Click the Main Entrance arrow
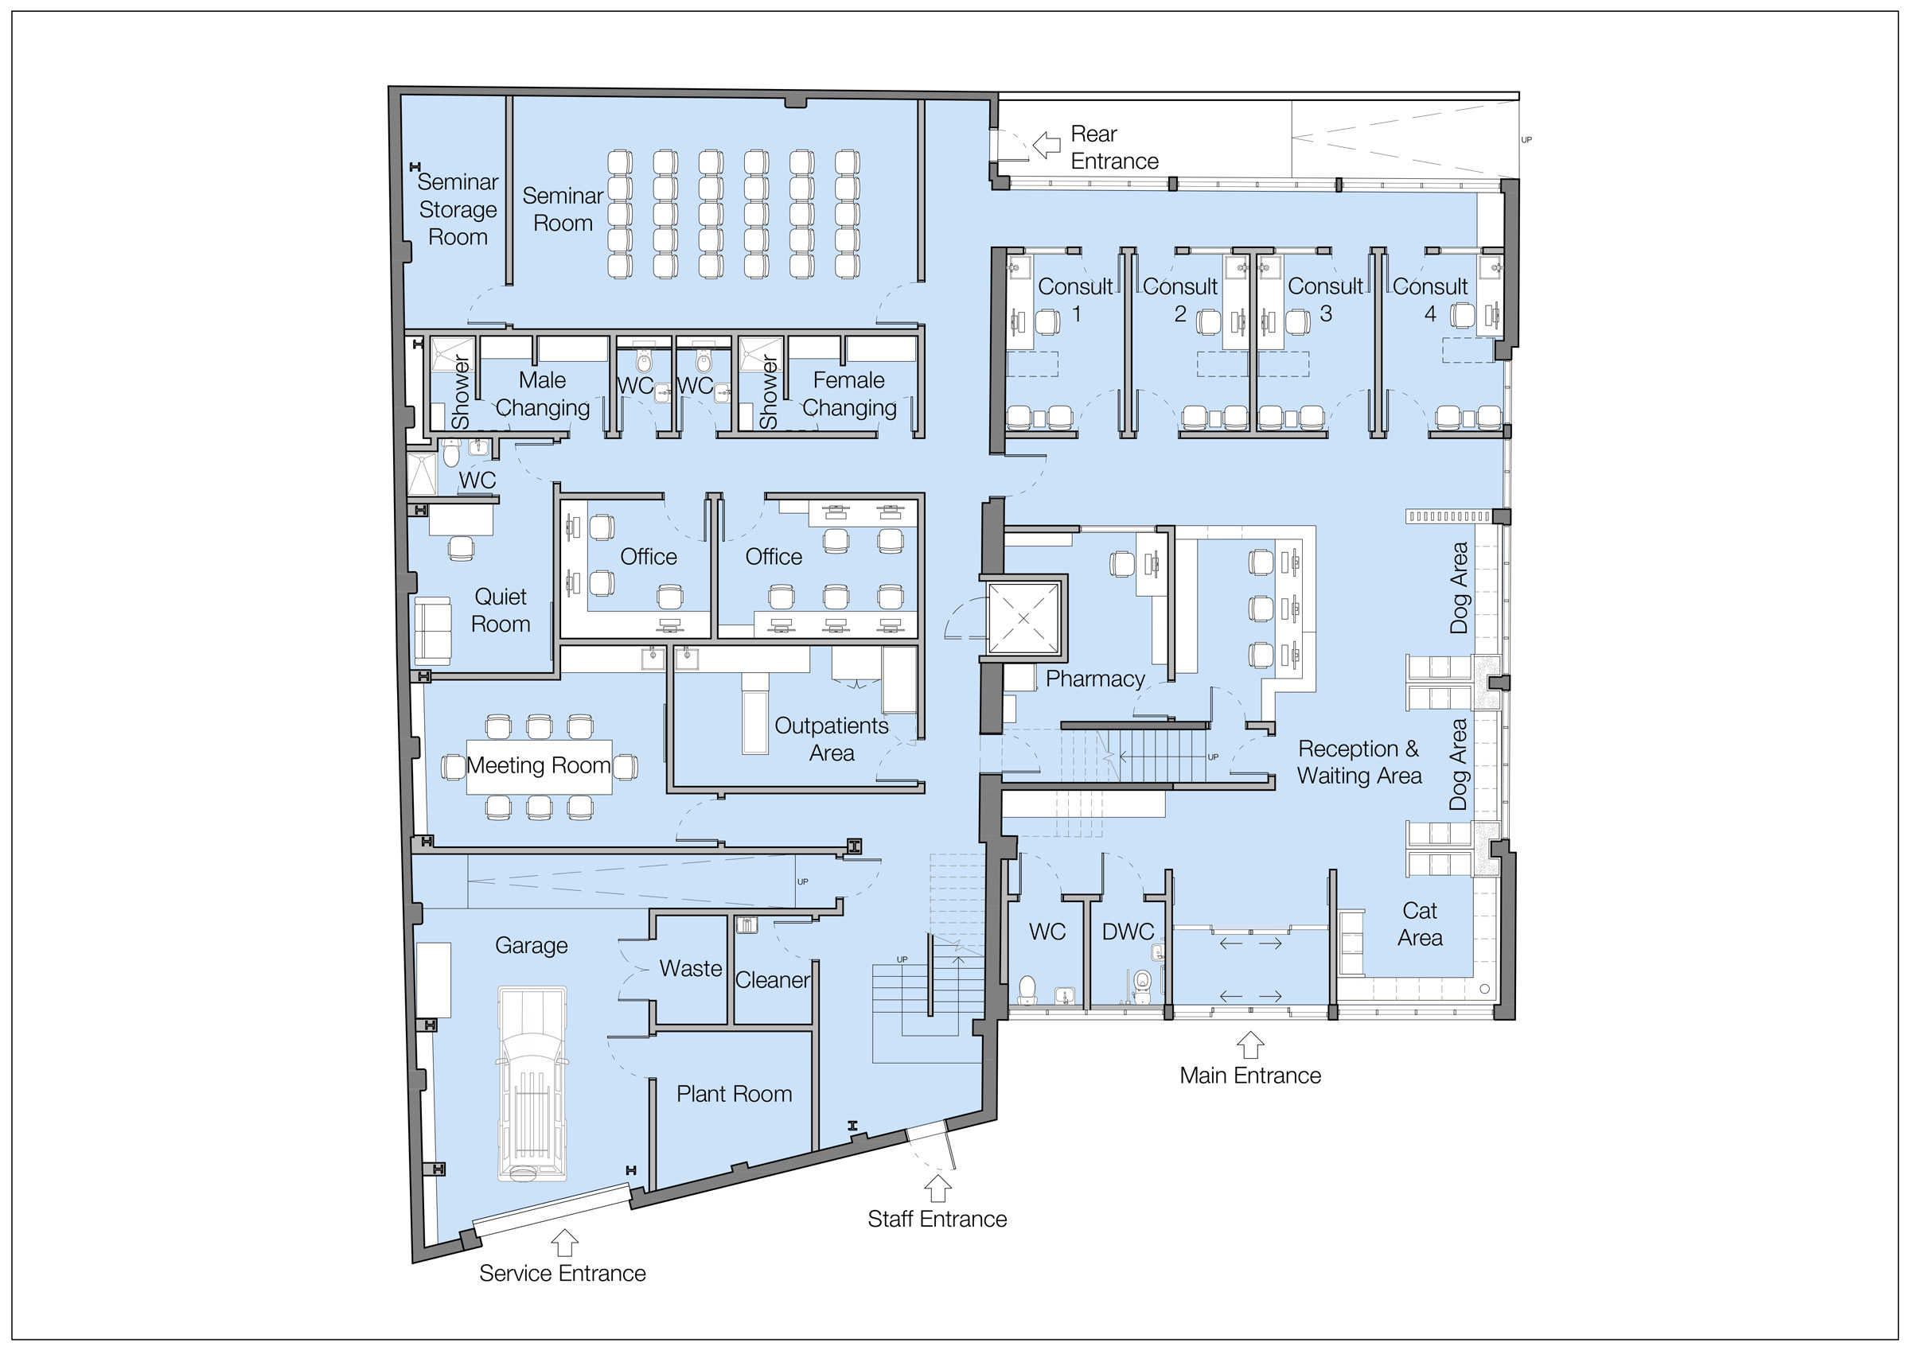point(1250,1045)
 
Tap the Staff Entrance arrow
point(937,1188)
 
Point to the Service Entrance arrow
point(564,1243)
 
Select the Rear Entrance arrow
point(1047,146)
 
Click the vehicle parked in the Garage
point(532,1084)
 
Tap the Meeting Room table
point(539,766)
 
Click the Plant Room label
point(734,1094)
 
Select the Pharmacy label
point(1095,679)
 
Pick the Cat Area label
point(1420,924)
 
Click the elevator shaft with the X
point(1023,617)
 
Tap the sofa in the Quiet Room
point(433,631)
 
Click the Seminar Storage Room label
point(458,209)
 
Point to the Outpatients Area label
point(832,740)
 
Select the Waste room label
point(691,968)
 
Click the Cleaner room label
point(772,980)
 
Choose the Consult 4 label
point(1430,300)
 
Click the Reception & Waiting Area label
point(1359,763)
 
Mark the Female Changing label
point(848,395)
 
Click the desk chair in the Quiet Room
point(460,548)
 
